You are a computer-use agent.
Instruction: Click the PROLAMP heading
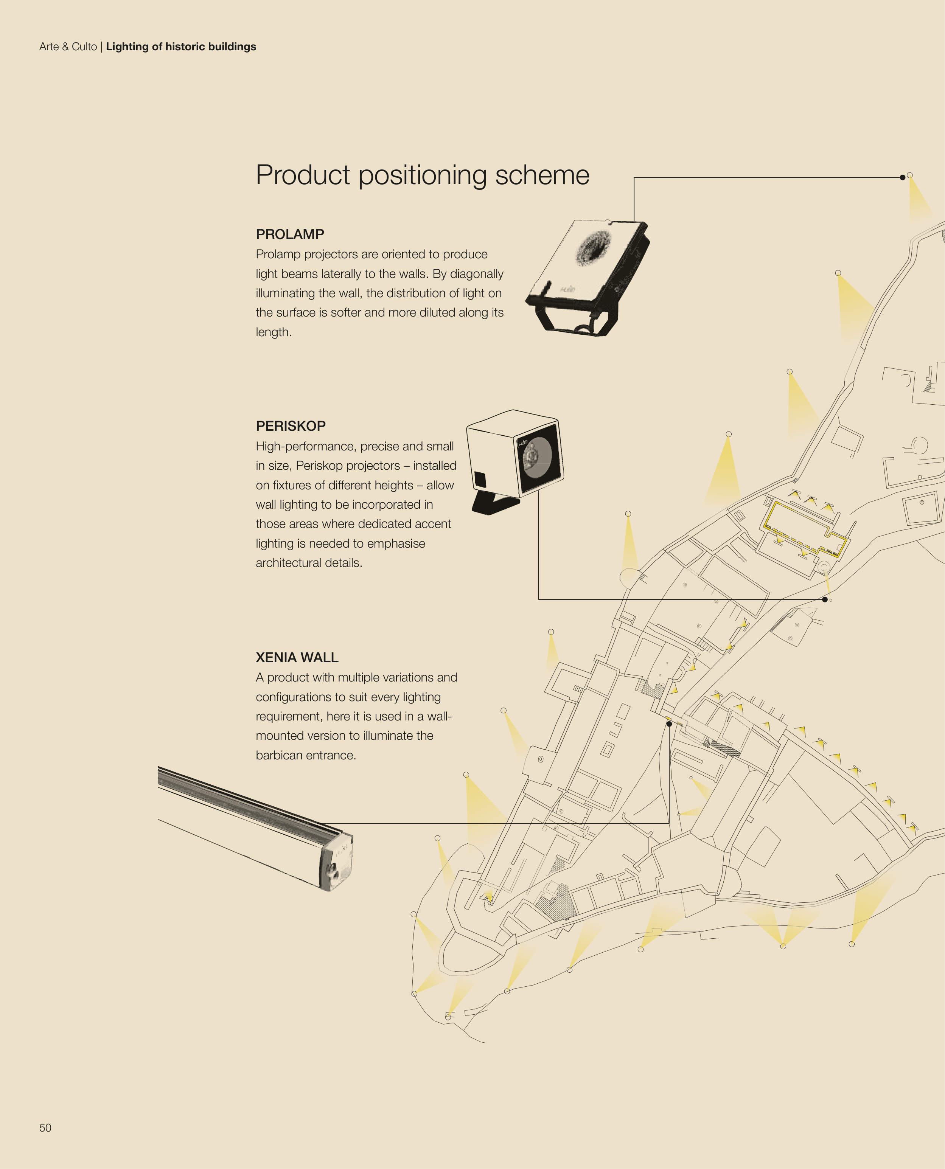point(290,234)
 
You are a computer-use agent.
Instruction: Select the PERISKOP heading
point(291,426)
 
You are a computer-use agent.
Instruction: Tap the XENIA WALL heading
point(297,657)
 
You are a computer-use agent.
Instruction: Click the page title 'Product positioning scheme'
point(423,175)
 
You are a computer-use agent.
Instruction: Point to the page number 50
point(45,1128)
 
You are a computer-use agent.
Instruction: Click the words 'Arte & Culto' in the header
point(68,47)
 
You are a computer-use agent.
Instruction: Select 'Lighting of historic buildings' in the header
point(181,47)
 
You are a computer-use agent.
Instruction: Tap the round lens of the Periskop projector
point(537,455)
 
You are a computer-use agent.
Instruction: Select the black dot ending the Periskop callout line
point(825,600)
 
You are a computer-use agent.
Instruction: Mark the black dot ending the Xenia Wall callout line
point(669,724)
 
